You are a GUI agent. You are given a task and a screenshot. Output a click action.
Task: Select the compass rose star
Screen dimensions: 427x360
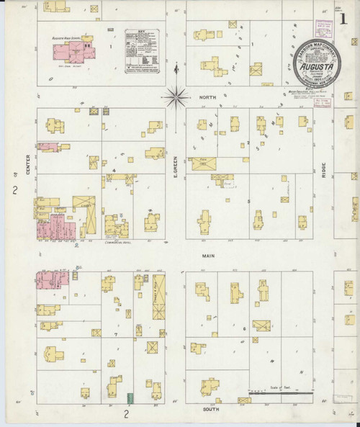[x=175, y=95]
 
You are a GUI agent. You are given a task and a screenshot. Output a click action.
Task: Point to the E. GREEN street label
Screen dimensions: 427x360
[x=175, y=168]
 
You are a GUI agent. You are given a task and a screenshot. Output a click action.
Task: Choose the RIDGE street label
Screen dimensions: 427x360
[x=324, y=170]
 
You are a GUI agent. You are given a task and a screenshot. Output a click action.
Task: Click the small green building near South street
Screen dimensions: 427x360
[x=130, y=398]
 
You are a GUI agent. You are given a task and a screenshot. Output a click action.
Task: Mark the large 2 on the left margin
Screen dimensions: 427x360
[x=14, y=190]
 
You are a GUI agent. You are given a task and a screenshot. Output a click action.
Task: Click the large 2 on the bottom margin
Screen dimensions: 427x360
[x=125, y=414]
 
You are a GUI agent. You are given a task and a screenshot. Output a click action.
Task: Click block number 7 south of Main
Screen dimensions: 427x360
[x=115, y=336]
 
